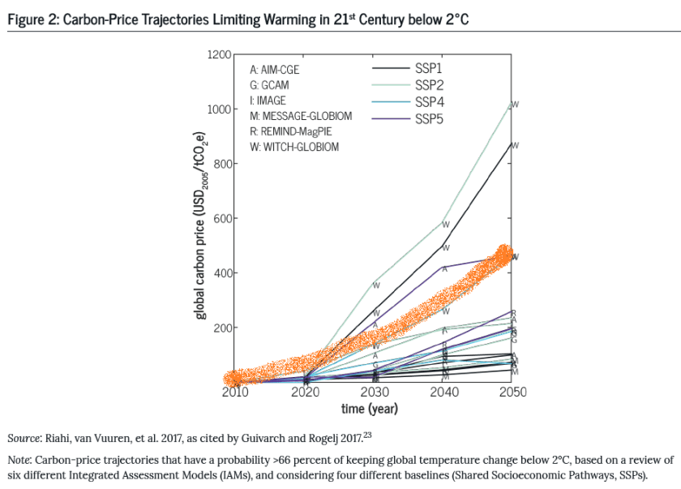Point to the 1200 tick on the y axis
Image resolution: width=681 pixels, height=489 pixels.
coord(219,54)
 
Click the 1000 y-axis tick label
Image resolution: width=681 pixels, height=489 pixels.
coord(219,109)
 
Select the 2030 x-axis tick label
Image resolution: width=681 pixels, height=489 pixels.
coord(374,392)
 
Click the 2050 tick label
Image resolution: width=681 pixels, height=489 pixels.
coord(512,392)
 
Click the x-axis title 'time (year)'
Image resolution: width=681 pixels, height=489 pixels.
coord(369,409)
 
